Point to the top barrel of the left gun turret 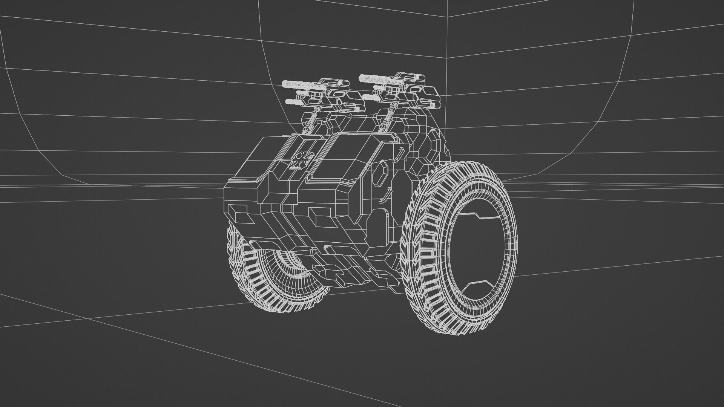coord(296,83)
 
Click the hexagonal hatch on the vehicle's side coord(382,173)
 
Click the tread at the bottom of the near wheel coord(452,324)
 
